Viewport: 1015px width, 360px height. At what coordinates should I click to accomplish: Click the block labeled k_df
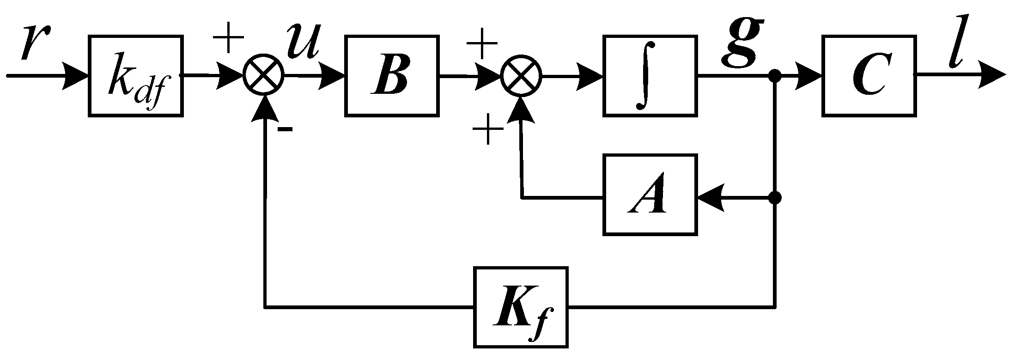point(135,75)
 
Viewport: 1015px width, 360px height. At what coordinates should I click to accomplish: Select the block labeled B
point(392,75)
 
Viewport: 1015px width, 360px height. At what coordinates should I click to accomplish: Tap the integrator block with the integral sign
point(650,75)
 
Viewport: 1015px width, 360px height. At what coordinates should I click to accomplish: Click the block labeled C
point(869,75)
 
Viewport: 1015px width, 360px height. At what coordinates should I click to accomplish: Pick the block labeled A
point(650,195)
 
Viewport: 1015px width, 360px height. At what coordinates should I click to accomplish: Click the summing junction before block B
point(264,75)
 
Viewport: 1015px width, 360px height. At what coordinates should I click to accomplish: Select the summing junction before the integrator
point(522,75)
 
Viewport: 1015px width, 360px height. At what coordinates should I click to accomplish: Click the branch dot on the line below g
point(775,75)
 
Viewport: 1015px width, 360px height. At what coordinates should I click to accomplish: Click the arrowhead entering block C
point(808,75)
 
